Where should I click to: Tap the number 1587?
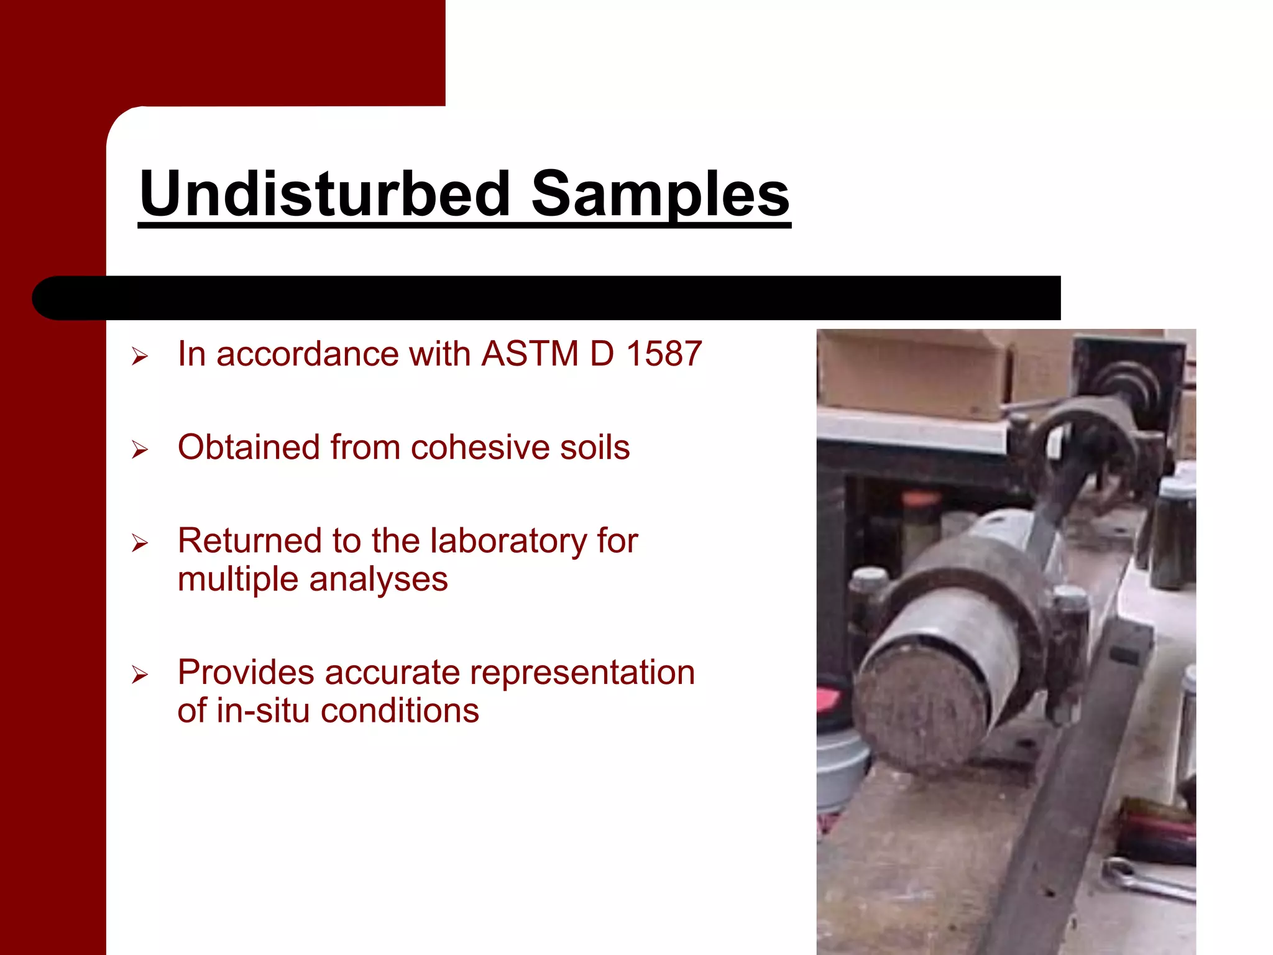coord(664,354)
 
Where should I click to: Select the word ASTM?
coord(530,354)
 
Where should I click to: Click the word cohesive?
coord(480,447)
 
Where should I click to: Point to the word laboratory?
coord(508,540)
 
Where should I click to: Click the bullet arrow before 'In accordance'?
coord(140,356)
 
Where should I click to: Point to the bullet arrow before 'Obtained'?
coord(140,450)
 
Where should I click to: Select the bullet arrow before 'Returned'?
coord(140,543)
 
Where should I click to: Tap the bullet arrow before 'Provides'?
coord(140,675)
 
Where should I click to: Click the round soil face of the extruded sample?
coord(920,709)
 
